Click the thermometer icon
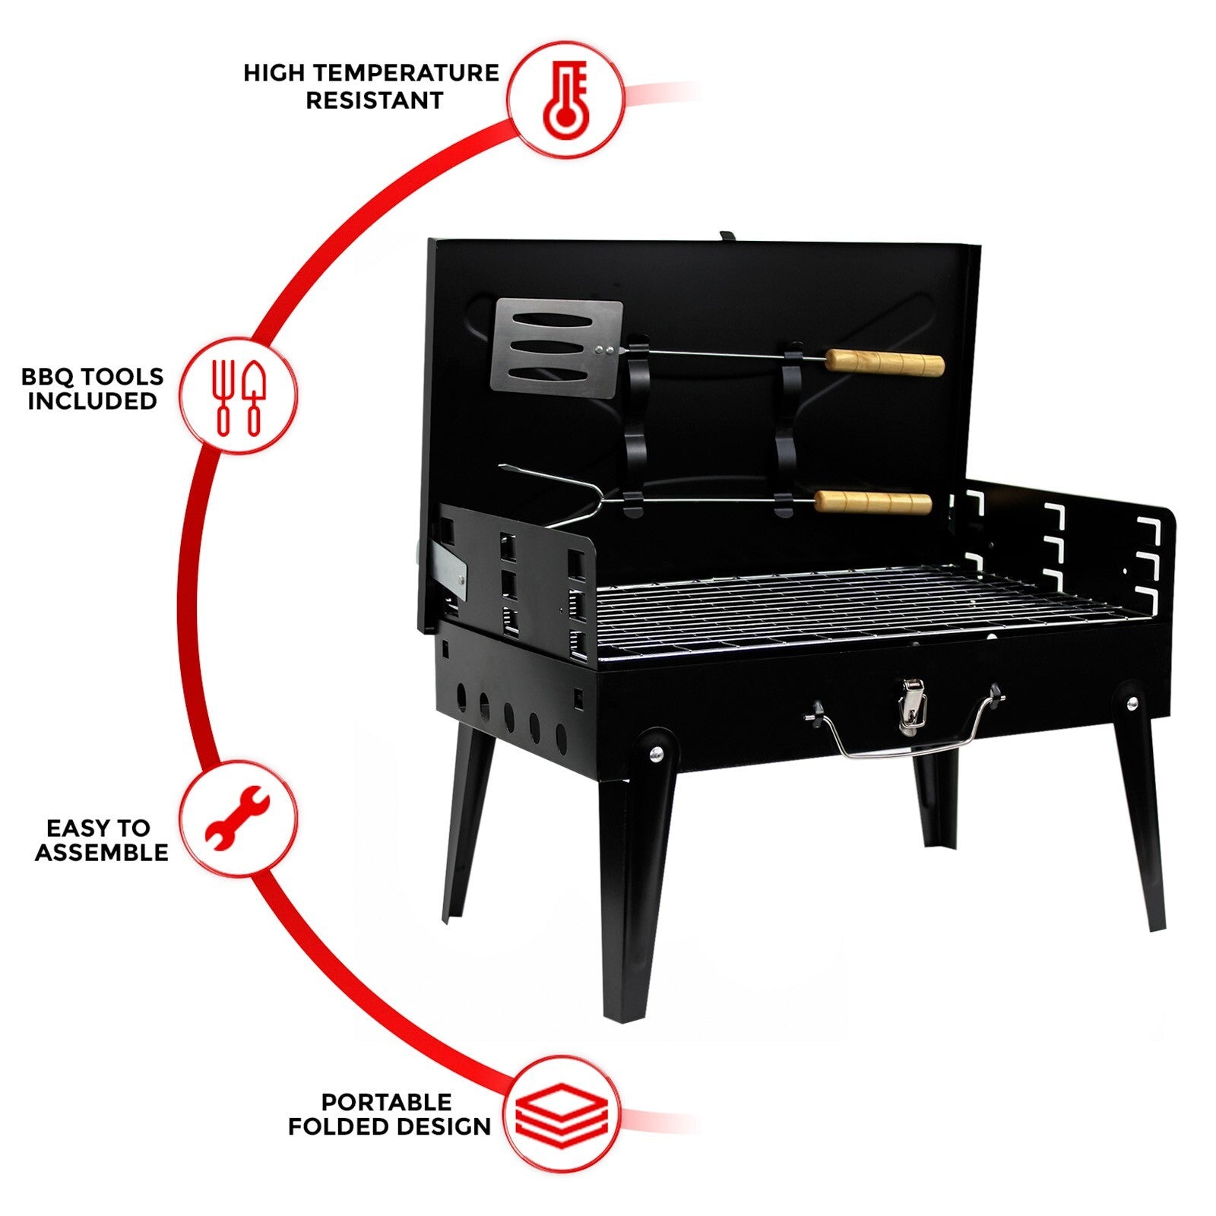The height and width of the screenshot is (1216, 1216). pyautogui.click(x=566, y=100)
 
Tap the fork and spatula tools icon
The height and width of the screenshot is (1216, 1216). pyautogui.click(x=238, y=397)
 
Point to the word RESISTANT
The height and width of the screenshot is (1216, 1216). pyautogui.click(x=375, y=100)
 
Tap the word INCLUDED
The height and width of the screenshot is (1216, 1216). pyautogui.click(x=93, y=401)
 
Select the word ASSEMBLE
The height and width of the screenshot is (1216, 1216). pyautogui.click(x=102, y=852)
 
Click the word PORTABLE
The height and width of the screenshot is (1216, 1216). pyautogui.click(x=386, y=1102)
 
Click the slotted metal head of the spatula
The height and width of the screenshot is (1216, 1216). pyautogui.click(x=558, y=346)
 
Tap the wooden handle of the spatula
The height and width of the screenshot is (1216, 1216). pyautogui.click(x=885, y=363)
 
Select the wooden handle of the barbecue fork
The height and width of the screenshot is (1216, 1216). pyautogui.click(x=873, y=502)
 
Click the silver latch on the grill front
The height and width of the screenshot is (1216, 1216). pyautogui.click(x=913, y=707)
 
